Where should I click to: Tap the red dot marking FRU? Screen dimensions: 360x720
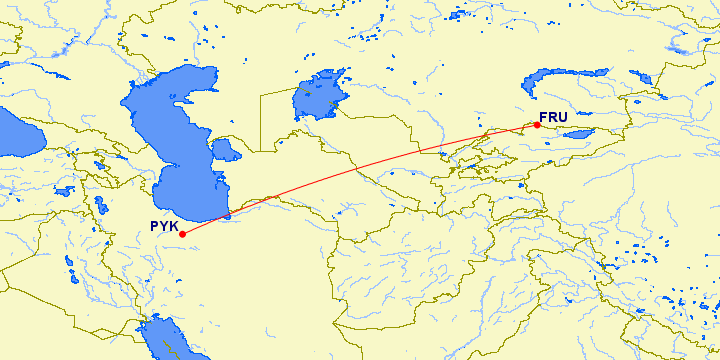[x=537, y=125]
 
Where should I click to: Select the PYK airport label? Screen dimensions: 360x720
[x=164, y=226]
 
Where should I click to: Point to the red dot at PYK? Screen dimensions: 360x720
[x=182, y=235]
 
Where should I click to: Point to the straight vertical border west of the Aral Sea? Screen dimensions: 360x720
[x=261, y=120]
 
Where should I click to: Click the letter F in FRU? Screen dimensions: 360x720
[x=545, y=116]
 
